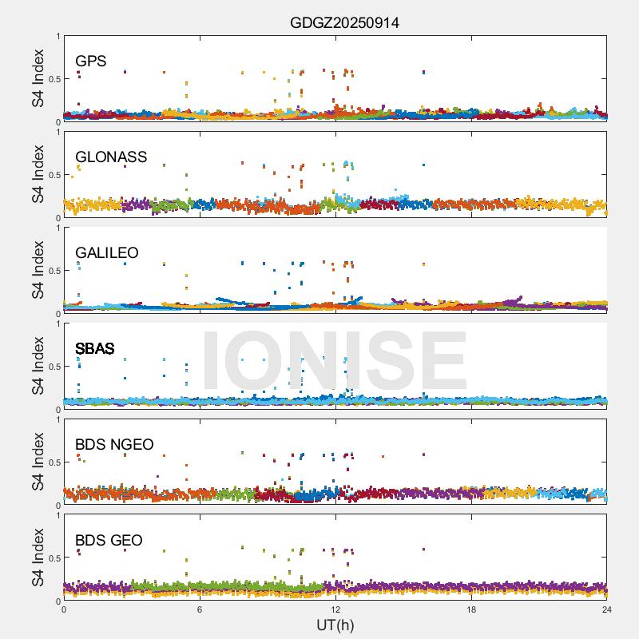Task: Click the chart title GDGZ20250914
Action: (x=344, y=22)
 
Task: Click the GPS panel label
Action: (x=90, y=62)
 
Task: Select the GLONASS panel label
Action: (x=111, y=157)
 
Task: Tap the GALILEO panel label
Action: (x=107, y=253)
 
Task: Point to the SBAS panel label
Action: (x=95, y=349)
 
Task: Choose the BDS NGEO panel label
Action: (x=114, y=445)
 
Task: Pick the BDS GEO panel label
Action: (x=109, y=541)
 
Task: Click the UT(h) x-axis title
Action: (x=335, y=625)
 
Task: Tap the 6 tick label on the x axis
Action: (x=200, y=609)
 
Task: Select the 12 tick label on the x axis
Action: (x=335, y=609)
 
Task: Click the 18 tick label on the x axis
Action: (x=471, y=609)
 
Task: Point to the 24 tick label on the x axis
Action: (x=607, y=609)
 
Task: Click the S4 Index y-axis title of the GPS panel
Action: (x=38, y=79)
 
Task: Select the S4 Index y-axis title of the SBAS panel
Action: (x=38, y=367)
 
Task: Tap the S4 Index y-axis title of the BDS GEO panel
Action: (x=38, y=558)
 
